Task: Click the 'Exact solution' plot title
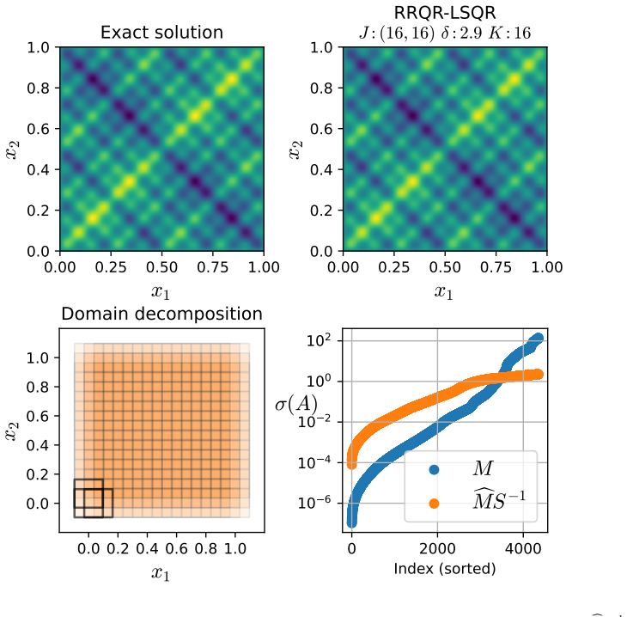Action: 161,33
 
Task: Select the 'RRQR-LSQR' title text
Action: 445,12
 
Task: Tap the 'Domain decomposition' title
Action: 161,315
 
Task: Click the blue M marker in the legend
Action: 434,469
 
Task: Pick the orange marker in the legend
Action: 434,504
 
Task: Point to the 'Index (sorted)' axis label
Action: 445,569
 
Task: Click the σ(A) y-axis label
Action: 296,403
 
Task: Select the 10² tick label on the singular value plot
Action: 319,340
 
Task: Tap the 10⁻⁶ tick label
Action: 314,503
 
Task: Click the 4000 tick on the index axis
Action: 523,548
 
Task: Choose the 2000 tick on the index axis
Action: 437,548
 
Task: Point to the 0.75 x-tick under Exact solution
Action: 213,267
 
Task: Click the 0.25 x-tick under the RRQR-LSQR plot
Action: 394,267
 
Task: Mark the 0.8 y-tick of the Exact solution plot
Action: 38,88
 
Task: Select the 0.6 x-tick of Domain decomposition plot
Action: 176,548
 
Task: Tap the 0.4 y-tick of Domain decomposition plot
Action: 37,445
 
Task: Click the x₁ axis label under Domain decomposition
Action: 161,574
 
